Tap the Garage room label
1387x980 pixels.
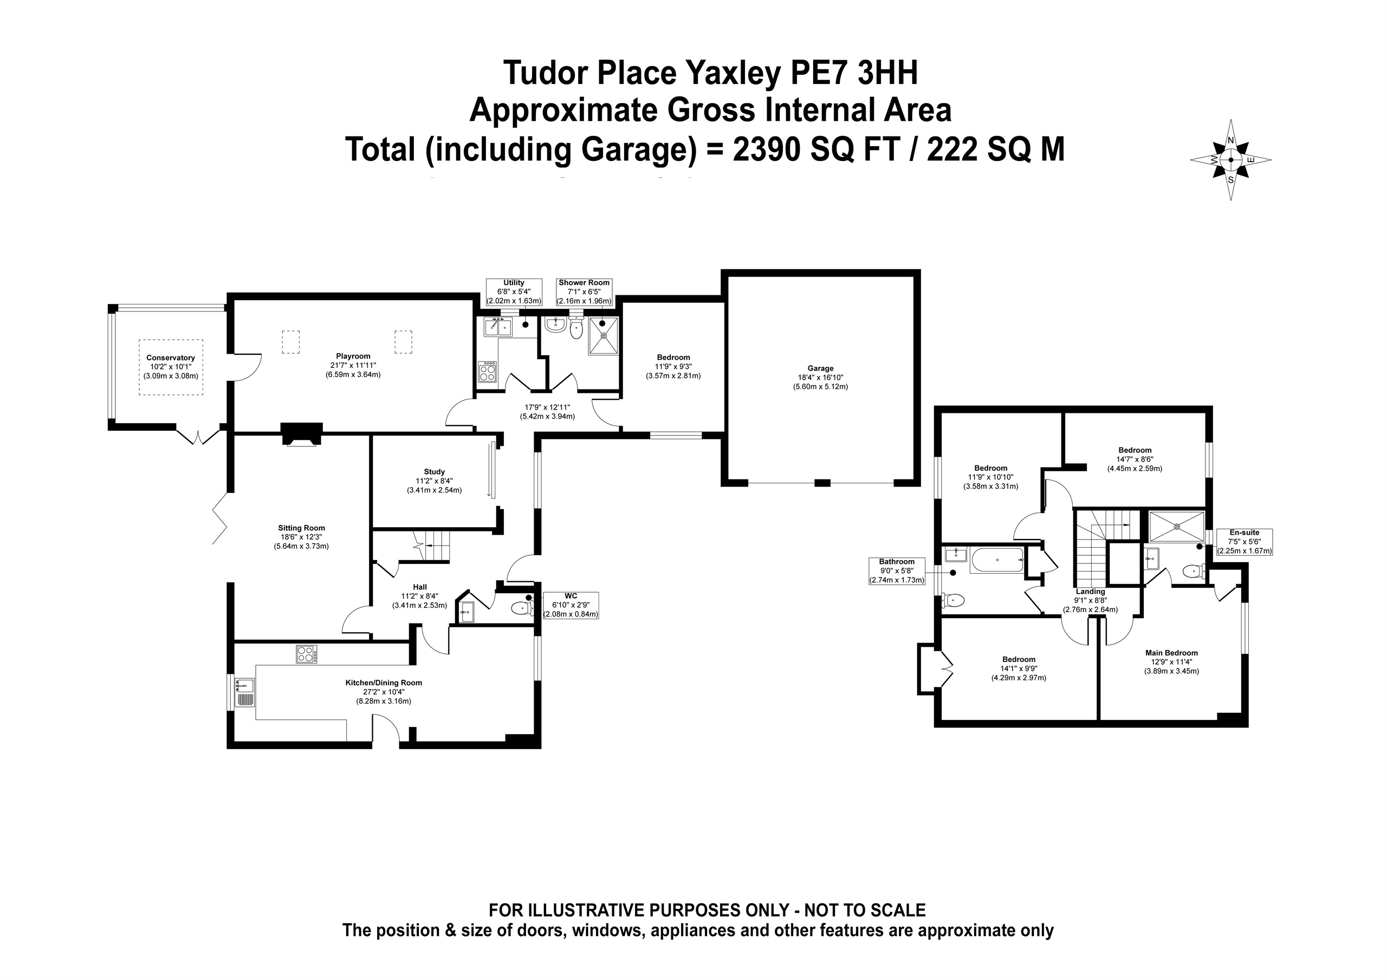click(820, 378)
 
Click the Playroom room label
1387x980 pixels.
click(353, 366)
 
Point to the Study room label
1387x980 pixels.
click(435, 481)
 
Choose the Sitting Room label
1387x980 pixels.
click(301, 537)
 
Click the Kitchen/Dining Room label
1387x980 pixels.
click(384, 692)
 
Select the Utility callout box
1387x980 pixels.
click(514, 292)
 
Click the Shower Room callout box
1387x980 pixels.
click(584, 292)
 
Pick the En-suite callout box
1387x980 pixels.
click(1245, 542)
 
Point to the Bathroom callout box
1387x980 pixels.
click(897, 571)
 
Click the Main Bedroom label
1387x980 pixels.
click(1171, 661)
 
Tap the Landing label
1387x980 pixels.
click(1091, 601)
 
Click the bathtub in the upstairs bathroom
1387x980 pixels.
click(997, 560)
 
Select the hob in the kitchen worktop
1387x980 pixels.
click(306, 654)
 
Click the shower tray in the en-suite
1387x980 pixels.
click(1177, 526)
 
